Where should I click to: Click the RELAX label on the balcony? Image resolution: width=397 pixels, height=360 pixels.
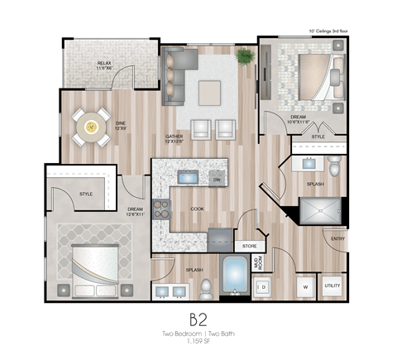[x=104, y=62]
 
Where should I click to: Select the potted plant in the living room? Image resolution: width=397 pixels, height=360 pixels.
[x=245, y=56]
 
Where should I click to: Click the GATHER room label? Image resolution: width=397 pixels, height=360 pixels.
[x=174, y=137]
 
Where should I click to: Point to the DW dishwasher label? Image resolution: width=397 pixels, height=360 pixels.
[x=216, y=179]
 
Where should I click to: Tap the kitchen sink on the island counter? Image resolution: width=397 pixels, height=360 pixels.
[x=188, y=178]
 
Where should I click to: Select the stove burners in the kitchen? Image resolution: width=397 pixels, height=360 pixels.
[x=160, y=208]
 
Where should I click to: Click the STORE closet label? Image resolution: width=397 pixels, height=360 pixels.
[x=249, y=246]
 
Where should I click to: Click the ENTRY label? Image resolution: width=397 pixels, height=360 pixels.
[x=337, y=239]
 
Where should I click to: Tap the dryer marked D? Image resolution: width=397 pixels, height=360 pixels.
[x=263, y=286]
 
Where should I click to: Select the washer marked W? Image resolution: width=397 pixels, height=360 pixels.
[x=304, y=286]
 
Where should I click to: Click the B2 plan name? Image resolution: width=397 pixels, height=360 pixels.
[x=198, y=319]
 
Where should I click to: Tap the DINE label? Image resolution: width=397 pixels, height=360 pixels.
[x=120, y=127]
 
